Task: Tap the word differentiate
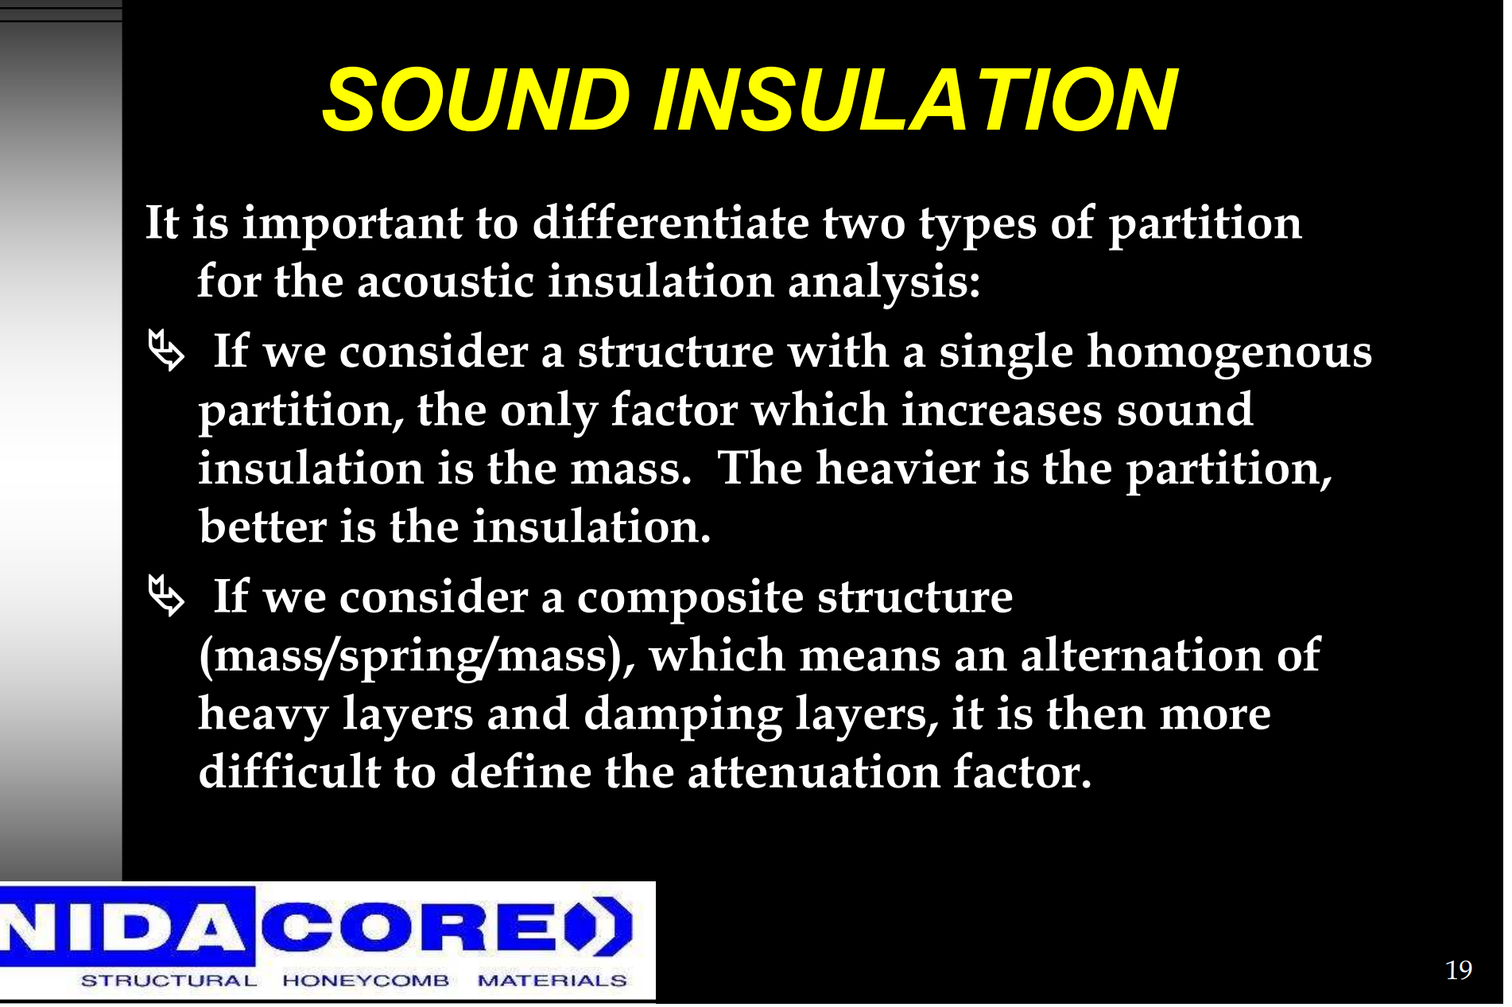pyautogui.click(x=670, y=223)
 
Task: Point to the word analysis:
pyautogui.click(x=884, y=283)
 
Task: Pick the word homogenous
pyautogui.click(x=1229, y=353)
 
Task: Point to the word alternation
pyautogui.click(x=1142, y=655)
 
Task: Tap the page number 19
pyautogui.click(x=1458, y=970)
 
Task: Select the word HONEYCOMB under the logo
pyautogui.click(x=366, y=981)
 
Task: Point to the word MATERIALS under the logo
pyautogui.click(x=552, y=981)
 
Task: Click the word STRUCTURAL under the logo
pyautogui.click(x=169, y=981)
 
